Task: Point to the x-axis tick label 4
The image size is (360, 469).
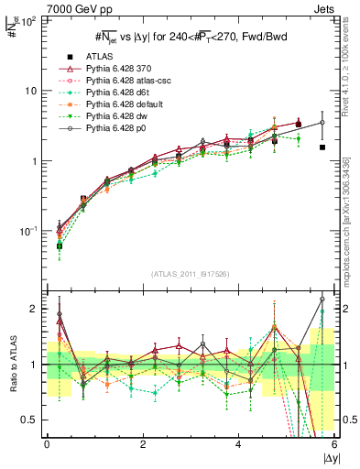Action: click(x=238, y=445)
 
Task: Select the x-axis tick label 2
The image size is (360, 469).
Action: click(x=143, y=445)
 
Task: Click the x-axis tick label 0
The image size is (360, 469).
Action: click(x=47, y=445)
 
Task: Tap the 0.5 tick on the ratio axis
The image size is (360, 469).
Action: click(x=32, y=420)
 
